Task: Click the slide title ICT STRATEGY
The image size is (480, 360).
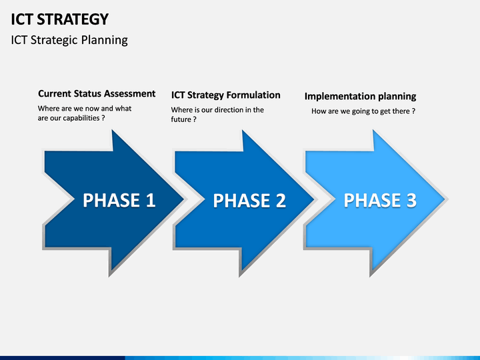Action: [x=60, y=19]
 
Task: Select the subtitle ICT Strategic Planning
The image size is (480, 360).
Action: [x=69, y=40]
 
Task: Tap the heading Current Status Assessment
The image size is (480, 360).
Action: [x=97, y=94]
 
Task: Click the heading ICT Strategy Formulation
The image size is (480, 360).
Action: [x=225, y=95]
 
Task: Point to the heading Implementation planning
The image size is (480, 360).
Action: [x=360, y=97]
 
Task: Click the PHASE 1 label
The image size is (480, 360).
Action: [x=119, y=200]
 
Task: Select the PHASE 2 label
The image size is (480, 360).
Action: [x=249, y=201]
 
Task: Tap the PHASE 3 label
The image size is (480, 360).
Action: [x=380, y=200]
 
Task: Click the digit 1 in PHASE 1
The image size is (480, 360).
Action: [x=150, y=200]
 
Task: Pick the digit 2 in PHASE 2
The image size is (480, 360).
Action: [x=281, y=201]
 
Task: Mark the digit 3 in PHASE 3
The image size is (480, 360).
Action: [x=411, y=200]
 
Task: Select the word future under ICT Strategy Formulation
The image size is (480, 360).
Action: [x=181, y=119]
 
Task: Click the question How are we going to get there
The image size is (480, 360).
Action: [x=363, y=111]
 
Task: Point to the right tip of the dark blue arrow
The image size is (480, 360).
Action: [x=184, y=199]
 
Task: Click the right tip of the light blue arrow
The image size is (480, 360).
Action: [x=445, y=199]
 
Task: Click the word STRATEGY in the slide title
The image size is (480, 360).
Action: [x=73, y=19]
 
